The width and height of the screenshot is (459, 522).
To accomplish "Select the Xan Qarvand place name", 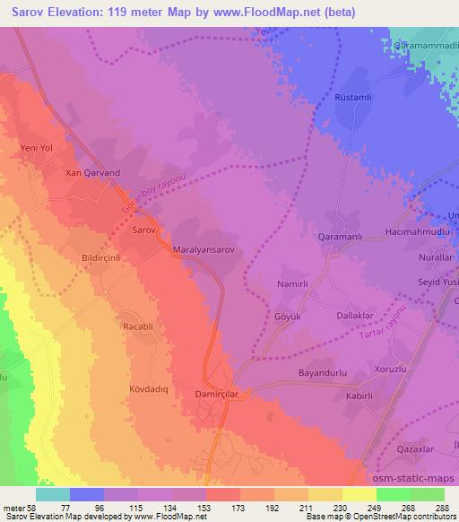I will [92, 172].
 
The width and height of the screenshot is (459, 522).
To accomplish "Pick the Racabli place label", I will [139, 328].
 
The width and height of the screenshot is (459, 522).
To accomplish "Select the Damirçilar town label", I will [216, 393].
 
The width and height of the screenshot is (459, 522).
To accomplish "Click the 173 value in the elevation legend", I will [240, 508].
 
